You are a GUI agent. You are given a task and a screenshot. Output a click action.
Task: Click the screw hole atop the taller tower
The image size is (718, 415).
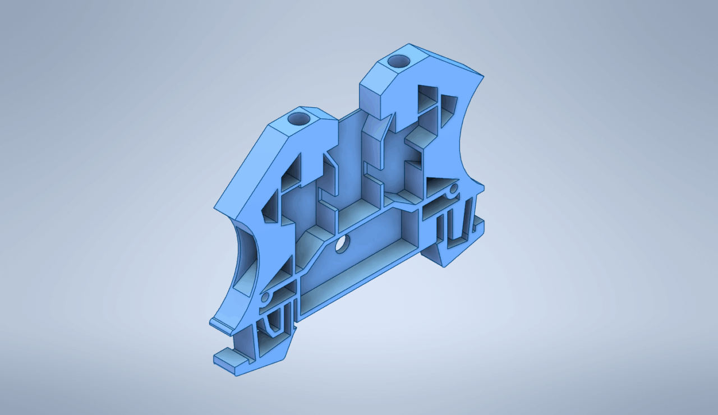[399, 61]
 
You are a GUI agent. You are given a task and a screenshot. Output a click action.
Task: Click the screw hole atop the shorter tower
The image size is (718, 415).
[298, 119]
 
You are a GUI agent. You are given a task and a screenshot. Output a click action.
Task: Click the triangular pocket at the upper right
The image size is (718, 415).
[448, 109]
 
